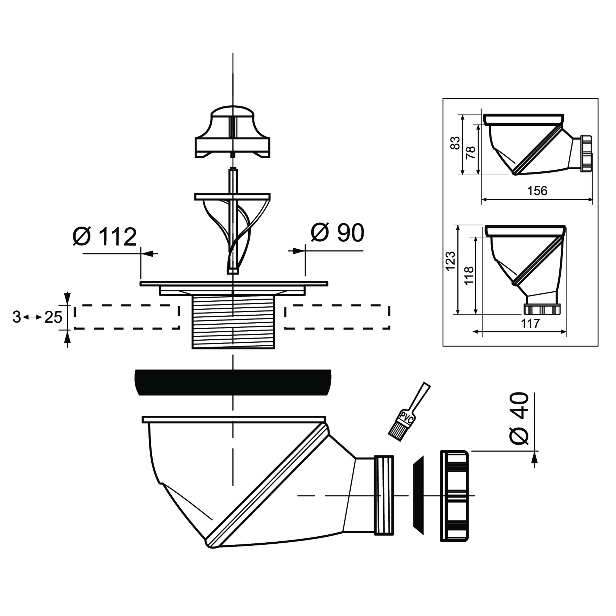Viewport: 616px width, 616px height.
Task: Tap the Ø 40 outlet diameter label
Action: click(518, 419)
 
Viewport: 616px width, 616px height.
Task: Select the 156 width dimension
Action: click(537, 191)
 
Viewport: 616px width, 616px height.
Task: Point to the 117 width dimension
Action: click(530, 324)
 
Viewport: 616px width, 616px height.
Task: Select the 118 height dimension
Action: click(469, 275)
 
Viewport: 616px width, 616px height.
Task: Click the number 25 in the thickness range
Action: click(53, 317)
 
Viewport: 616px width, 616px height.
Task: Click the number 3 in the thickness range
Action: click(17, 317)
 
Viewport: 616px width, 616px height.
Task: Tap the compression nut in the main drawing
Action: click(454, 496)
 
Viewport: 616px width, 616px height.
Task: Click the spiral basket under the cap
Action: click(233, 232)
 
